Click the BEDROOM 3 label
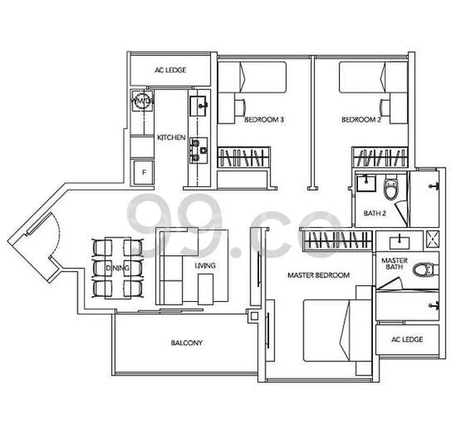[264, 120]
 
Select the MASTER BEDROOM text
[319, 275]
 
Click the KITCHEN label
[172, 137]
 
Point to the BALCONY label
[186, 343]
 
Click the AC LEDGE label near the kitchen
[170, 70]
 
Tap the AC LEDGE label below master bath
[407, 339]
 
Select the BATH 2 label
[374, 213]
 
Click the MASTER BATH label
[394, 264]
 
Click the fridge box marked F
[144, 172]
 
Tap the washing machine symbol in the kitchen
[142, 102]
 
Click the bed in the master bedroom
[336, 330]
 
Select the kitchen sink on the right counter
[200, 106]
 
